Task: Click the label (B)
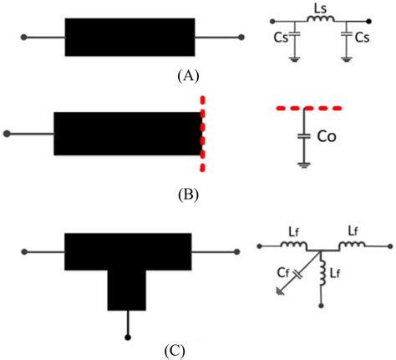pos(188,197)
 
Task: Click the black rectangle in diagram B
pos(127,133)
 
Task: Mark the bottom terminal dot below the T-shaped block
pos(128,337)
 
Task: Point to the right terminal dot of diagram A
pos(241,38)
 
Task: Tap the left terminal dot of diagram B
pos(8,133)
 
